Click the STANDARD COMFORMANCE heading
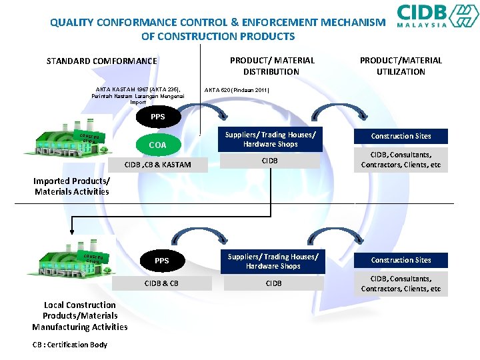(x=102, y=61)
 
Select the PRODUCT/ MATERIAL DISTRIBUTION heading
(x=271, y=65)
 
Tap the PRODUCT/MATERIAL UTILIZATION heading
(x=401, y=65)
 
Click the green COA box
(x=157, y=145)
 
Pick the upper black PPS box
(x=157, y=117)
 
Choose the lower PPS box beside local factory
(x=162, y=261)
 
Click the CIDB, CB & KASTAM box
(x=157, y=165)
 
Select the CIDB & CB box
(x=162, y=283)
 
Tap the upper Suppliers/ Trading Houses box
(x=270, y=139)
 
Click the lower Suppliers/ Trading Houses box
(x=273, y=261)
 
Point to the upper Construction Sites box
(x=401, y=136)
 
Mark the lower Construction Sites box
(x=401, y=260)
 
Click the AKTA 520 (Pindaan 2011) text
(x=237, y=89)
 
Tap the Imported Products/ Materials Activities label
(x=71, y=186)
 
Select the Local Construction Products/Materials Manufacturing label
(x=79, y=316)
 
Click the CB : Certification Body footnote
(x=69, y=344)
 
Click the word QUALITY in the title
(x=71, y=22)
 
